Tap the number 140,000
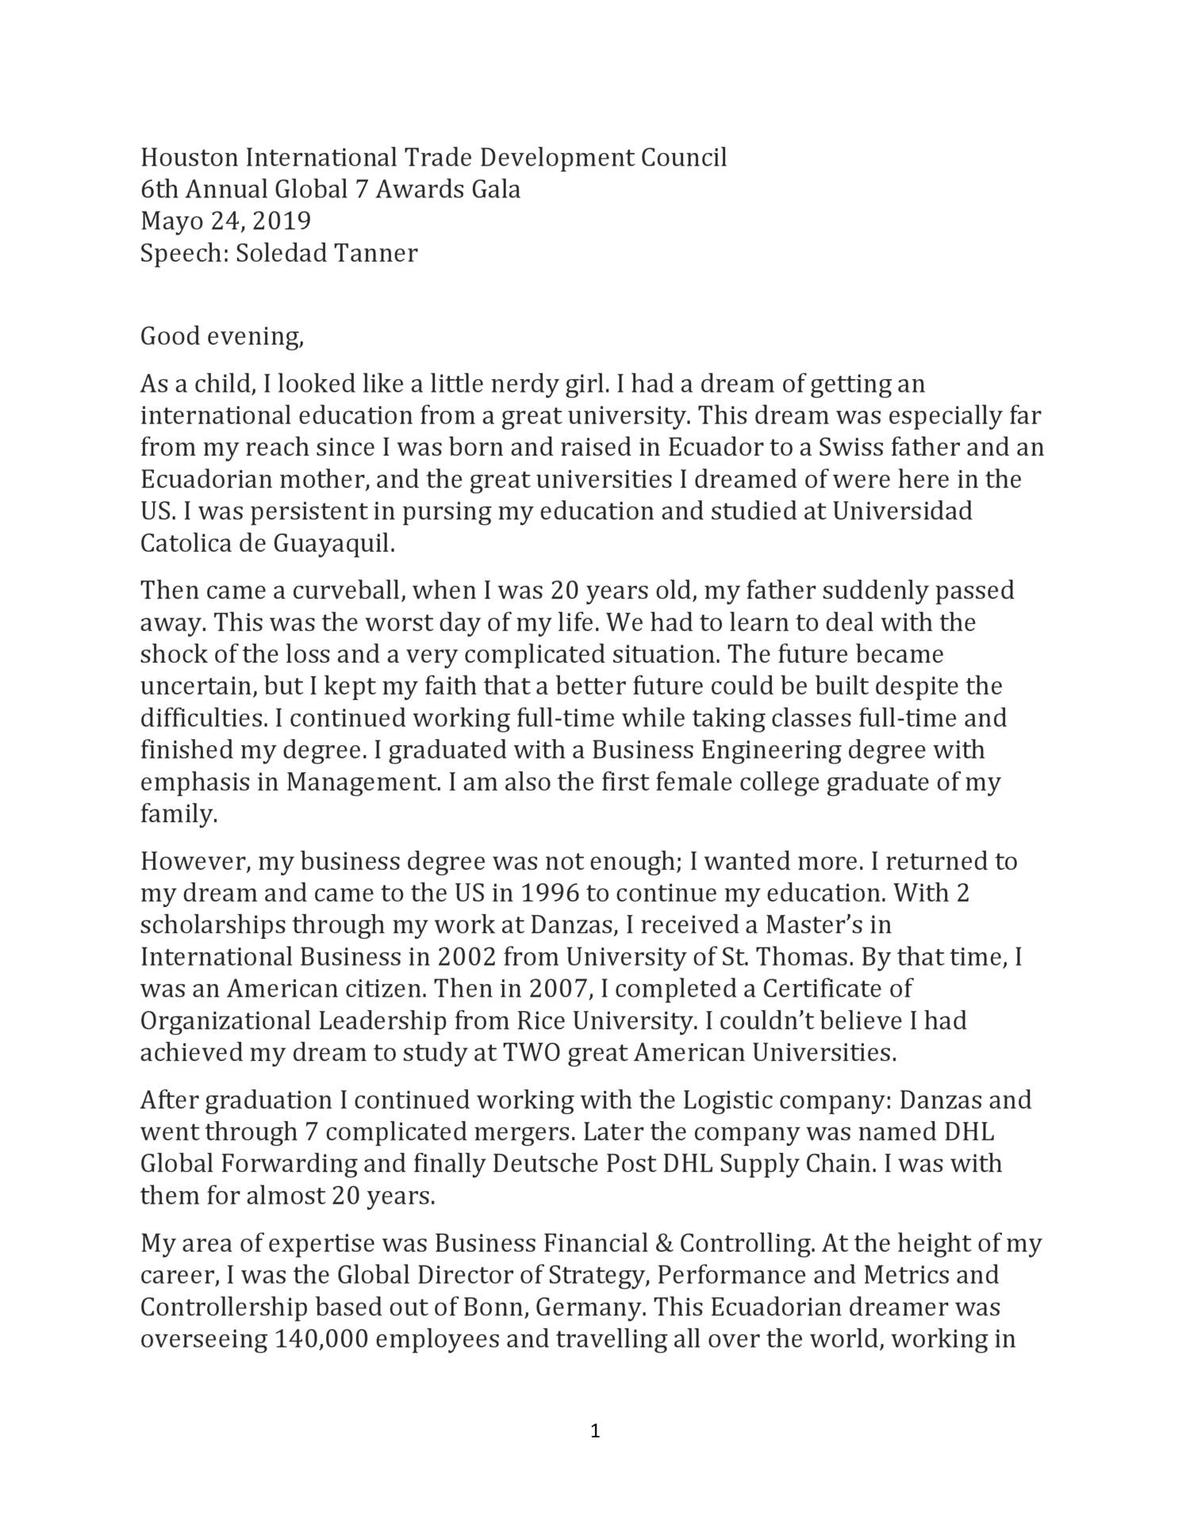321,1339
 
